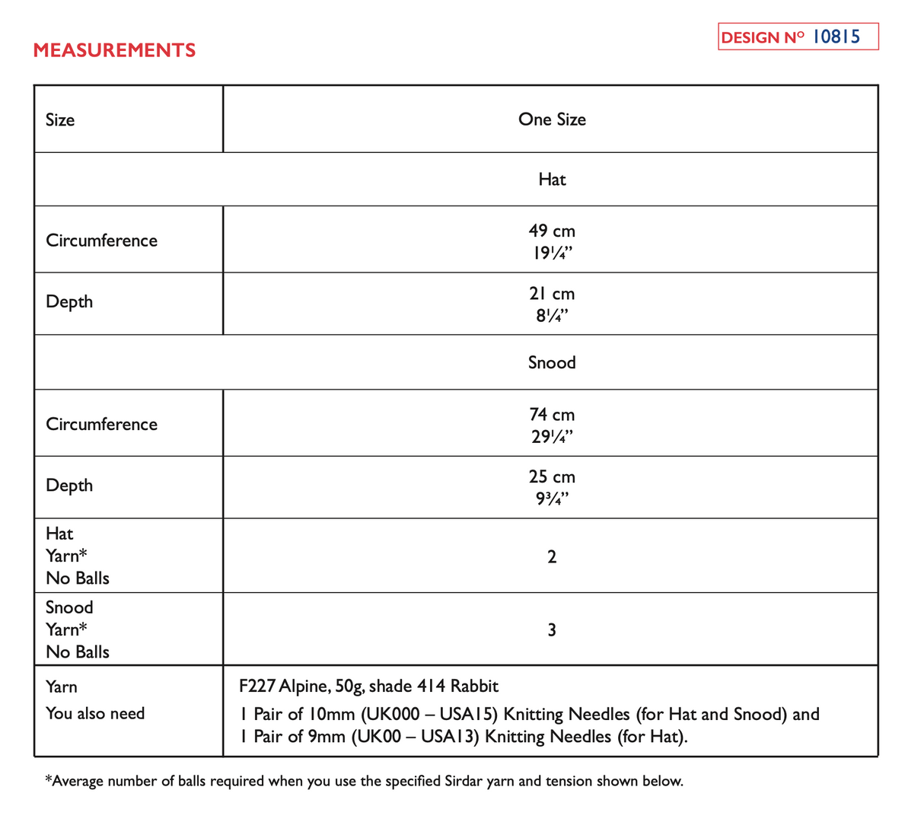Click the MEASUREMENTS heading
click(114, 50)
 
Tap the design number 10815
click(836, 37)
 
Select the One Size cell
click(552, 119)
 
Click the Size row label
click(60, 120)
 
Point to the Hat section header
click(552, 180)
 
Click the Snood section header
click(552, 362)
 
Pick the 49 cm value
click(552, 231)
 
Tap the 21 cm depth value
click(552, 294)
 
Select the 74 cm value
click(552, 415)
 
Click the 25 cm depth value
click(552, 477)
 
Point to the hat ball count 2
click(552, 556)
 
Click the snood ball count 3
click(552, 630)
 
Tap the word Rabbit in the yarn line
click(474, 687)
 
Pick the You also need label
click(95, 714)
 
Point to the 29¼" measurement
click(552, 437)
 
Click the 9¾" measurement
click(552, 499)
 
